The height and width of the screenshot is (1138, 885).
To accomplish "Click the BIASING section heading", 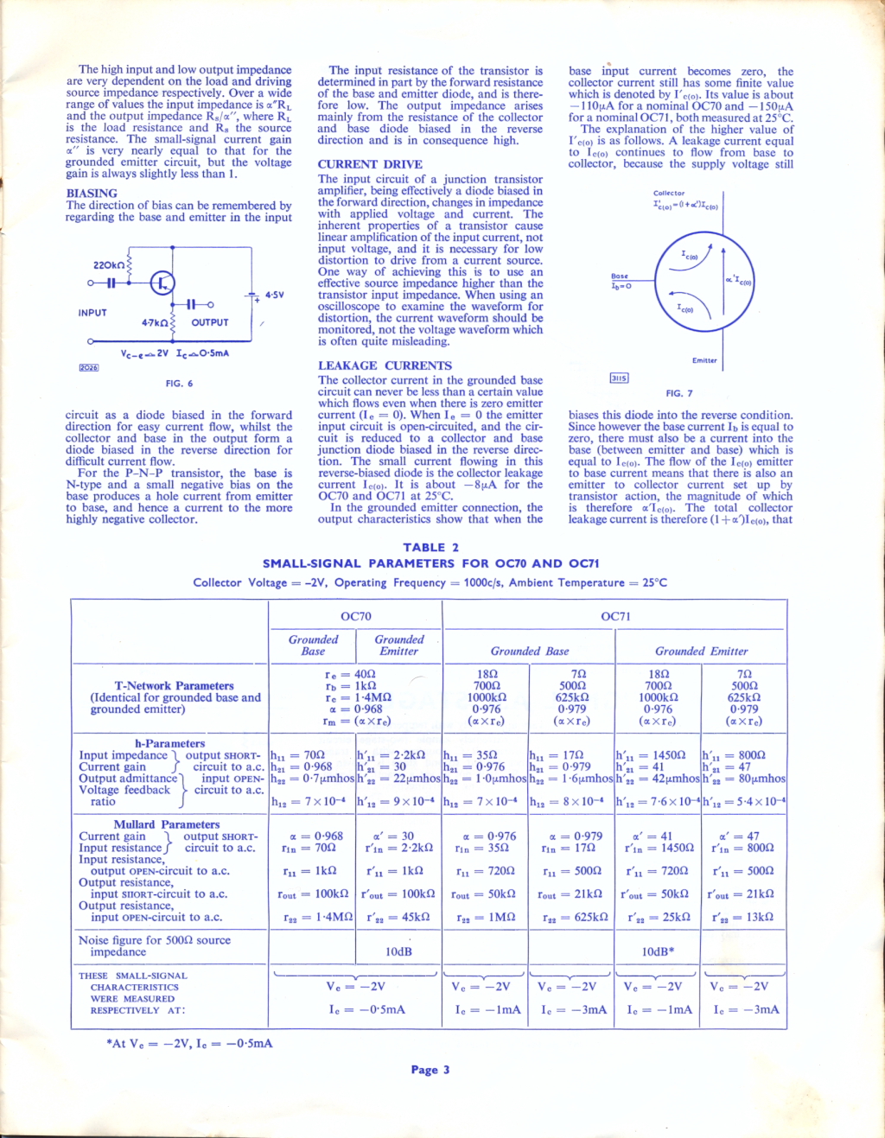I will pos(92,194).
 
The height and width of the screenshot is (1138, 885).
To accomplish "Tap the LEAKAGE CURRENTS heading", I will pos(385,366).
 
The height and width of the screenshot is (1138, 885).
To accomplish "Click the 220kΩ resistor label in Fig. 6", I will pos(109,265).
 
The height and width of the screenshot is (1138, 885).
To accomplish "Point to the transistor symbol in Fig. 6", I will pos(162,283).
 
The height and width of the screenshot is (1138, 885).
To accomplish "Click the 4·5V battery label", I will pos(274,296).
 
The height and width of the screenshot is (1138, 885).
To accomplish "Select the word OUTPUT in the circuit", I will pos(210,322).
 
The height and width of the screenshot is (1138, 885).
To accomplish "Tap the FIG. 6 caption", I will pos(179,384).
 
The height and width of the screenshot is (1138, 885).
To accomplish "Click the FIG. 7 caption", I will pos(679,393).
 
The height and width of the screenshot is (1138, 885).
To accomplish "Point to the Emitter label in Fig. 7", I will pos(704,360).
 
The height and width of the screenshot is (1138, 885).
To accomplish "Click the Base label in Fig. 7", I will pos(620,277).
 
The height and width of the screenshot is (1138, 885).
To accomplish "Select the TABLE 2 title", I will pos(431,547).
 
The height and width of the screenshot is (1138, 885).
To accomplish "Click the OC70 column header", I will pos(356,616).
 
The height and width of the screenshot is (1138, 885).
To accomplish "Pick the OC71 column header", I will pos(615,616).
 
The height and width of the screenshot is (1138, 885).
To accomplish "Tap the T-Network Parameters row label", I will pos(174,685).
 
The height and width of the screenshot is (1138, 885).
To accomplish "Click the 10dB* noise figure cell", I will pos(658,951).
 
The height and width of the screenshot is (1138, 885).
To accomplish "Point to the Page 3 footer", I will pos(430,1070).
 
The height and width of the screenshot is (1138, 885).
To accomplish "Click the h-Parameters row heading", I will pos(169,743).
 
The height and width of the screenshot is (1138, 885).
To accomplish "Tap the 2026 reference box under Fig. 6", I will pos(89,367).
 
